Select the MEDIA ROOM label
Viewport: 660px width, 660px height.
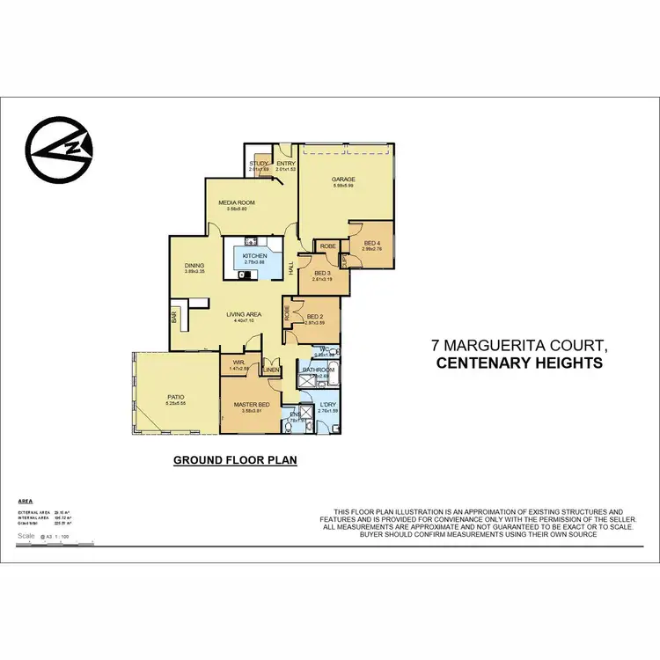[240, 202]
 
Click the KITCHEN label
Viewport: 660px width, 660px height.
[254, 256]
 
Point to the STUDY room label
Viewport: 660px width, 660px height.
[258, 164]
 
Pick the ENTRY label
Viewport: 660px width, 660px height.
[285, 164]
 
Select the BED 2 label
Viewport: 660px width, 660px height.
[315, 317]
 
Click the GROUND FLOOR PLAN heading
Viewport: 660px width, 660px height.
[235, 460]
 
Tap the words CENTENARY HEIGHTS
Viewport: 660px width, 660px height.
[519, 363]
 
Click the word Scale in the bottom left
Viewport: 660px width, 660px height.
[26, 534]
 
